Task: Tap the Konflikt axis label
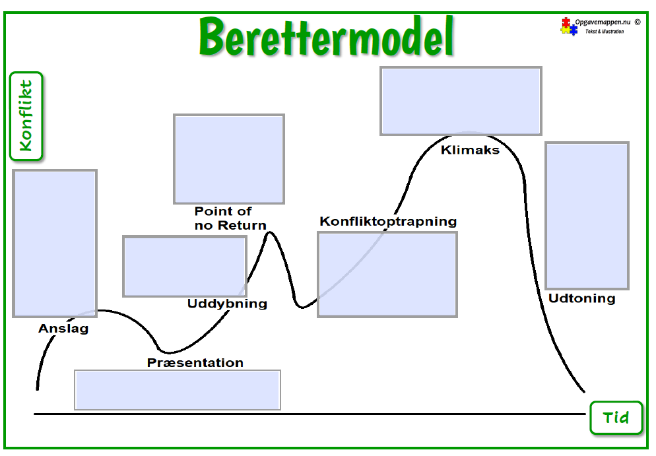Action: (26, 116)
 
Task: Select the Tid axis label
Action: (616, 418)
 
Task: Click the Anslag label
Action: (63, 329)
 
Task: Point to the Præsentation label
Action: (195, 363)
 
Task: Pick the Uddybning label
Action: (227, 304)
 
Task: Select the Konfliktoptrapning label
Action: (388, 221)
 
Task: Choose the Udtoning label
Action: (581, 298)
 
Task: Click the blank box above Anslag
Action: (55, 244)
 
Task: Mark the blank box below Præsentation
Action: (177, 390)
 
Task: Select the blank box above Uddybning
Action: (184, 267)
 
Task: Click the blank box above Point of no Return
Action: (229, 159)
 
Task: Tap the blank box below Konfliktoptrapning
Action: (387, 275)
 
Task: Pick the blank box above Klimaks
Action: (461, 101)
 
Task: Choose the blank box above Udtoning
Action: (587, 215)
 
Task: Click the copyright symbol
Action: (638, 22)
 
